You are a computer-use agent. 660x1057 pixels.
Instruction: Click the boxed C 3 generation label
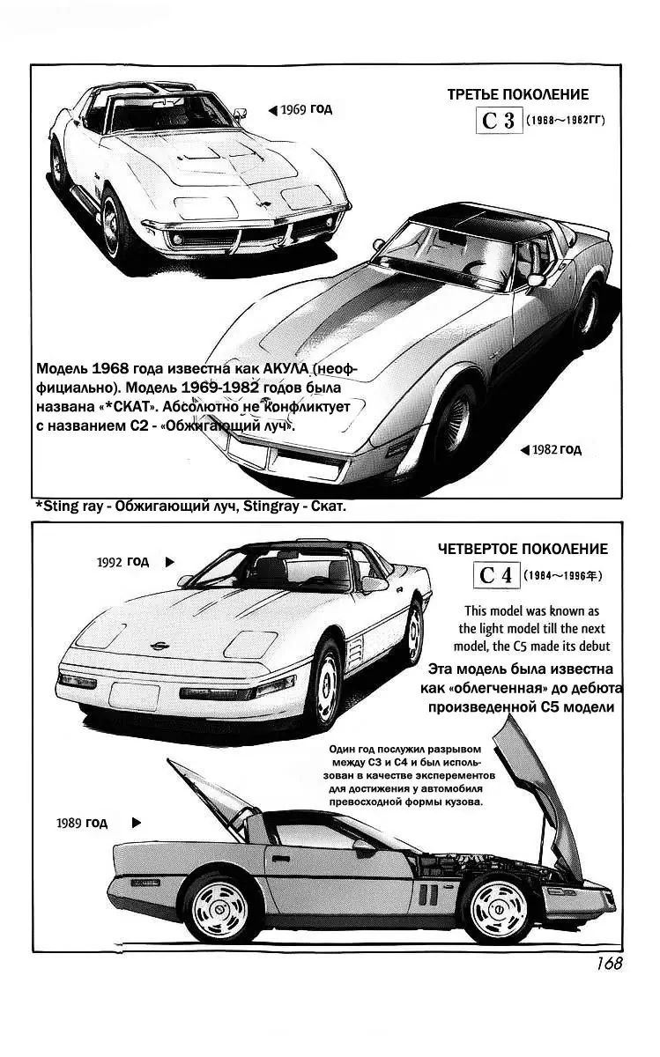[x=499, y=120]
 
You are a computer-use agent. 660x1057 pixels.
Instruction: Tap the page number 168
[x=609, y=964]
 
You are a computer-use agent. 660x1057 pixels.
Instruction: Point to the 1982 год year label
[x=556, y=449]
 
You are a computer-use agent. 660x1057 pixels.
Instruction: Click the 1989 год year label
[x=81, y=824]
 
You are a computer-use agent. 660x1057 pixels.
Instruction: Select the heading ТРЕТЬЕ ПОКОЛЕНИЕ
[x=517, y=94]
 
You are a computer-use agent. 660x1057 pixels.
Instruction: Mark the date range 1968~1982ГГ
[x=567, y=122]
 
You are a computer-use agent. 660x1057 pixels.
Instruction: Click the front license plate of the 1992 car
[x=135, y=695]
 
